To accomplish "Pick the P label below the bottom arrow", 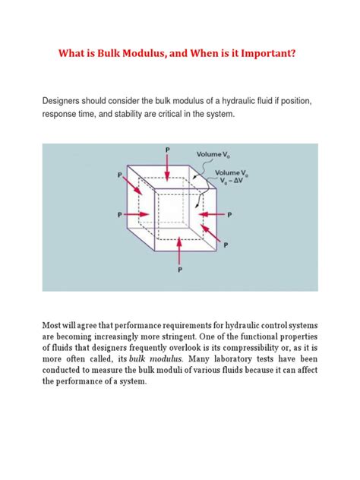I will click(x=180, y=274).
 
